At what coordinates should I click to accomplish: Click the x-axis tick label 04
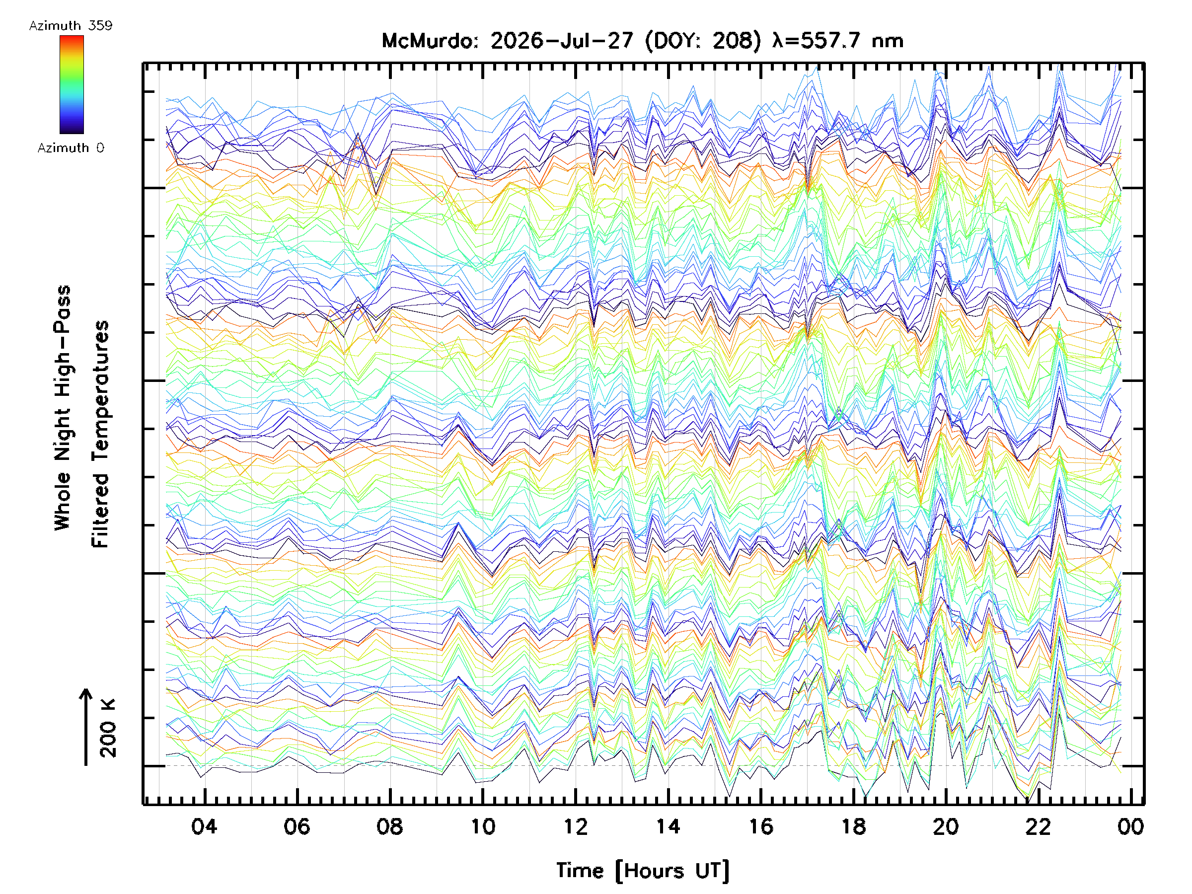point(204,826)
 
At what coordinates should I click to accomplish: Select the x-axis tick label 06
point(297,826)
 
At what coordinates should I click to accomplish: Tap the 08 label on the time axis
point(389,826)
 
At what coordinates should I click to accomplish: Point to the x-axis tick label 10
point(483,826)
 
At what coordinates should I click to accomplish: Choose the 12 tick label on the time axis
point(576,826)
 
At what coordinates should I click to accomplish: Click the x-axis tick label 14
point(668,826)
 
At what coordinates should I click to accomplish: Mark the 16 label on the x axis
point(761,826)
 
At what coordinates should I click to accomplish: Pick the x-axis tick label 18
point(854,826)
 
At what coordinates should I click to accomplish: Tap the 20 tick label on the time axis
point(946,826)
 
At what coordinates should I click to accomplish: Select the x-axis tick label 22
point(1039,826)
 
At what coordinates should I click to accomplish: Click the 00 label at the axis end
point(1130,826)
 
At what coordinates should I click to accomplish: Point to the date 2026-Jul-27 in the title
point(562,41)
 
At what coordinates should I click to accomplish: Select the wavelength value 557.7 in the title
point(829,41)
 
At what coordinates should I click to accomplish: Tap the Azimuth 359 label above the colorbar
point(71,26)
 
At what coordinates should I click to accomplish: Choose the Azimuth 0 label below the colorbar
point(71,148)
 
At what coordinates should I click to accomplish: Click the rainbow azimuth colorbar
point(72,84)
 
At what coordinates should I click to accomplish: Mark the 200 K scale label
point(108,728)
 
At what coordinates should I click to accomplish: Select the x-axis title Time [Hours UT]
point(643,871)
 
